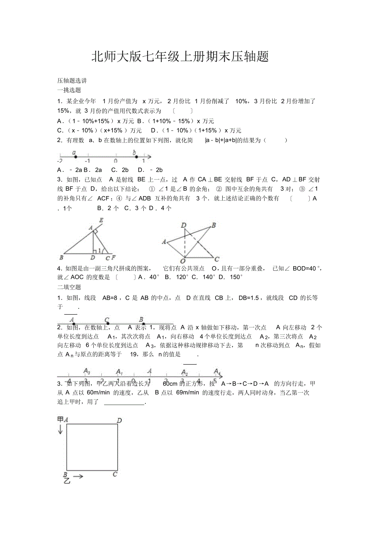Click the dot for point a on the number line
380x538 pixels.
[74, 157]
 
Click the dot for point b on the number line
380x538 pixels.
[136, 157]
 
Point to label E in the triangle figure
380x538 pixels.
[101, 220]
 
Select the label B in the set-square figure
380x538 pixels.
[214, 225]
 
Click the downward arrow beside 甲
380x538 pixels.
[60, 429]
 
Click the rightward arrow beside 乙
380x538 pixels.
[78, 476]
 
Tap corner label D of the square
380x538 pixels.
[119, 420]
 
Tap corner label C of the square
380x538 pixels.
[115, 474]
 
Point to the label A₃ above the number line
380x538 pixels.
[87, 370]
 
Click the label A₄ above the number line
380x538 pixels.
[217, 371]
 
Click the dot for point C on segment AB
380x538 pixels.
[107, 324]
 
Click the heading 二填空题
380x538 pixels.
[69, 287]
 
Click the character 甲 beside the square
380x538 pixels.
[60, 419]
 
